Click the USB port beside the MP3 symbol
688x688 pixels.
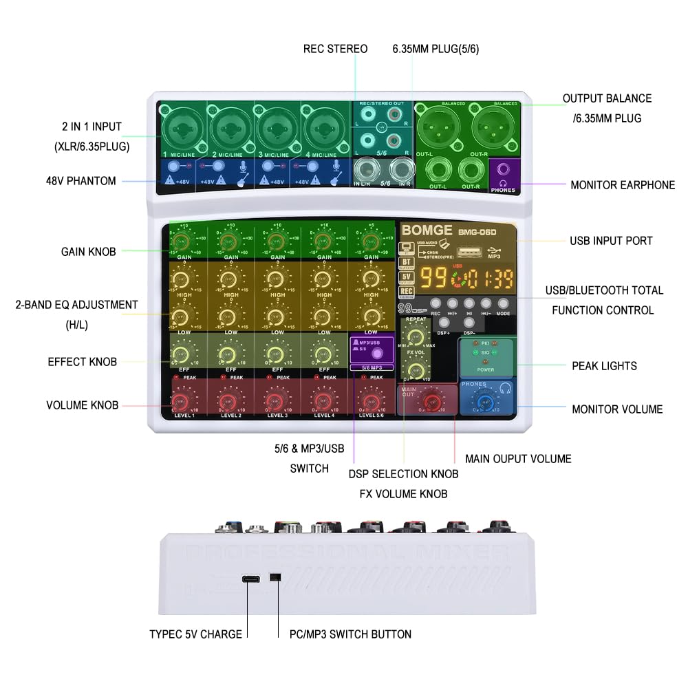(x=465, y=253)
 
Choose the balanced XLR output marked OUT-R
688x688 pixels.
(x=492, y=127)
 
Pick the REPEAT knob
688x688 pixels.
(x=414, y=335)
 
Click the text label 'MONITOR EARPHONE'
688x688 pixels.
(x=623, y=184)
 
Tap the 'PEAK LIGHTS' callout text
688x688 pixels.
(x=604, y=366)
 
